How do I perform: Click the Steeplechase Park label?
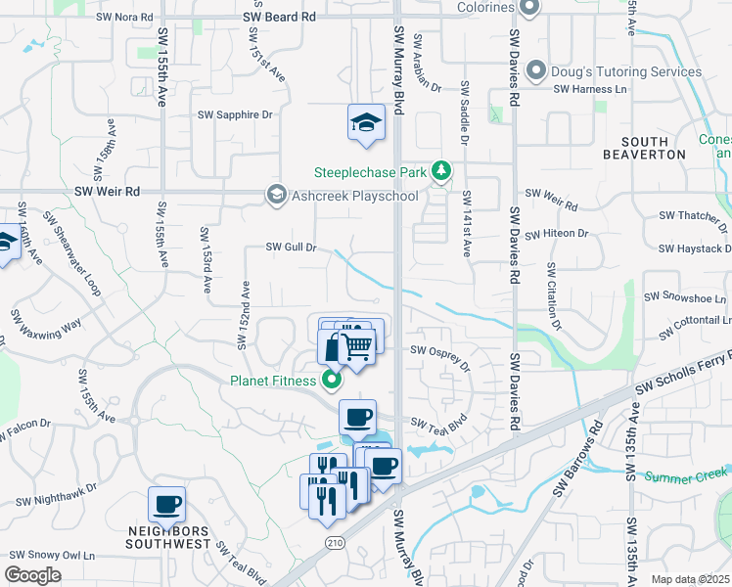point(370,172)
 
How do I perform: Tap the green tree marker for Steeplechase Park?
point(441,172)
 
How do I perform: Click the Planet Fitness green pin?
point(332,380)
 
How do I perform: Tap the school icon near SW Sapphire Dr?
point(365,123)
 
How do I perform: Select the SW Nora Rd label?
point(126,18)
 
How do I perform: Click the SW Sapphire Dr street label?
point(235,114)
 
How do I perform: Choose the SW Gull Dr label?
point(292,248)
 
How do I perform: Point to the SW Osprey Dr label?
point(440,358)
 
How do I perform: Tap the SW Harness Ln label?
point(590,89)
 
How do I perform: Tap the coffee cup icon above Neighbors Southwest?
point(166,504)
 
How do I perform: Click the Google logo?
point(33,575)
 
